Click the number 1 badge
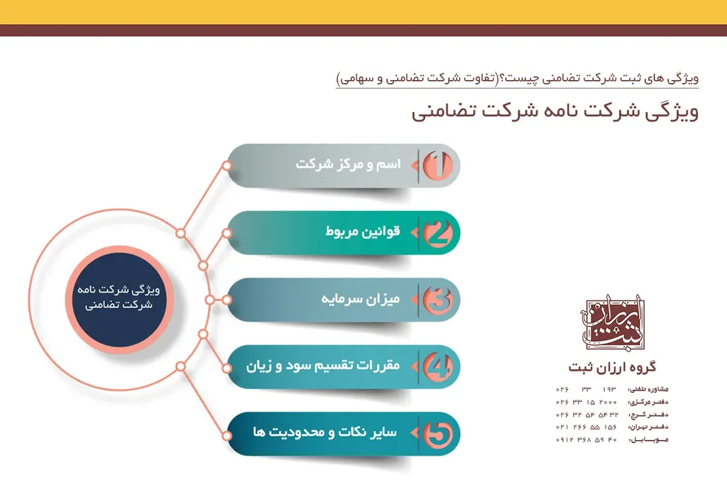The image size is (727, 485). point(438,165)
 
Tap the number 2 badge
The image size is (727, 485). point(438,232)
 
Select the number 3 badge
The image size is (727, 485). point(438,300)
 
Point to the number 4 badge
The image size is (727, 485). point(438,366)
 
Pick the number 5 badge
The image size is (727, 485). point(438,433)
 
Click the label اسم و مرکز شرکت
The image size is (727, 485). point(348,165)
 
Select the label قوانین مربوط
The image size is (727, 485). point(363,231)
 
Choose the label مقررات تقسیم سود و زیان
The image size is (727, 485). point(323,366)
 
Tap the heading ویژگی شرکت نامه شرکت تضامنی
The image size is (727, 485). point(554,111)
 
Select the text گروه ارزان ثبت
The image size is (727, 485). point(612,367)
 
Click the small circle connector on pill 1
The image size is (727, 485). point(226,165)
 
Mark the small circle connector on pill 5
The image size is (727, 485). point(226,433)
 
